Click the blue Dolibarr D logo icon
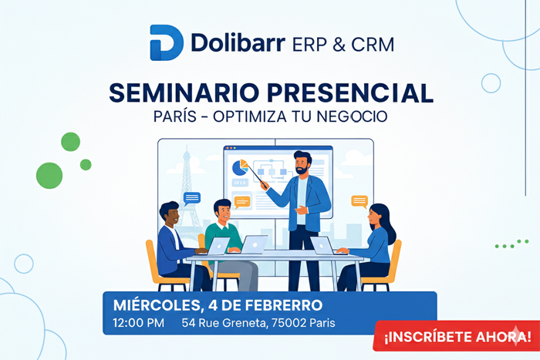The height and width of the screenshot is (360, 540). [166, 42]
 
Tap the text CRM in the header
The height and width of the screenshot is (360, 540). [372, 43]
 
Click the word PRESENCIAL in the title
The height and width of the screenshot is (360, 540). [349, 93]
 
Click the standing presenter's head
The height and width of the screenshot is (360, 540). [302, 163]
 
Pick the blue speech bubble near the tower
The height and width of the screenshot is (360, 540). [192, 198]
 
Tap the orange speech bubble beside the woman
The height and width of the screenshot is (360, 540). [359, 201]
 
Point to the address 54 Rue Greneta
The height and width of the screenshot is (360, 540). [223, 322]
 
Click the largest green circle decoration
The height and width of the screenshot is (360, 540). [49, 175]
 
